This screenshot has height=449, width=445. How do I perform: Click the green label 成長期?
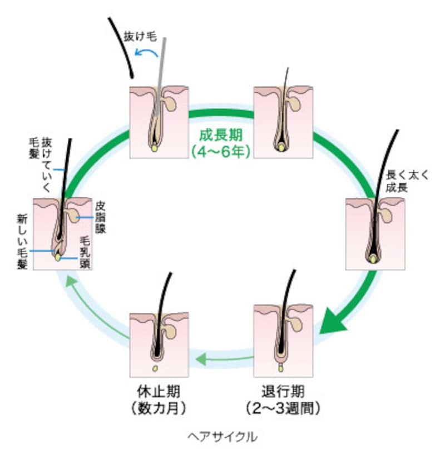pyautogui.click(x=221, y=134)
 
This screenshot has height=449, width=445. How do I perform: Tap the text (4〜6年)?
pyautogui.click(x=221, y=151)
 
